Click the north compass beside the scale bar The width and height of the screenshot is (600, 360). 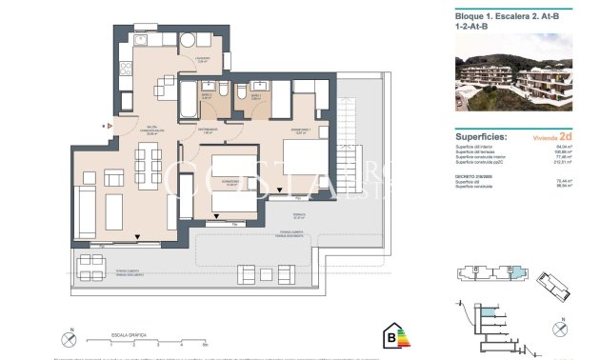point(71,336)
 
